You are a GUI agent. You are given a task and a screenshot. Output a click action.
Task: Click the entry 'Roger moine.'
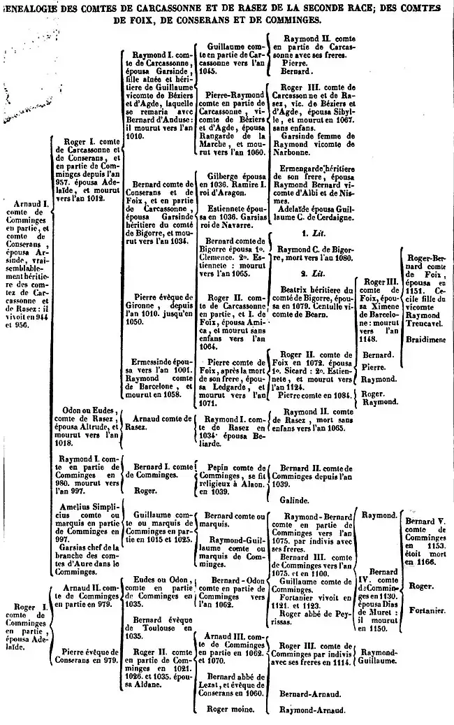[227, 708]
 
